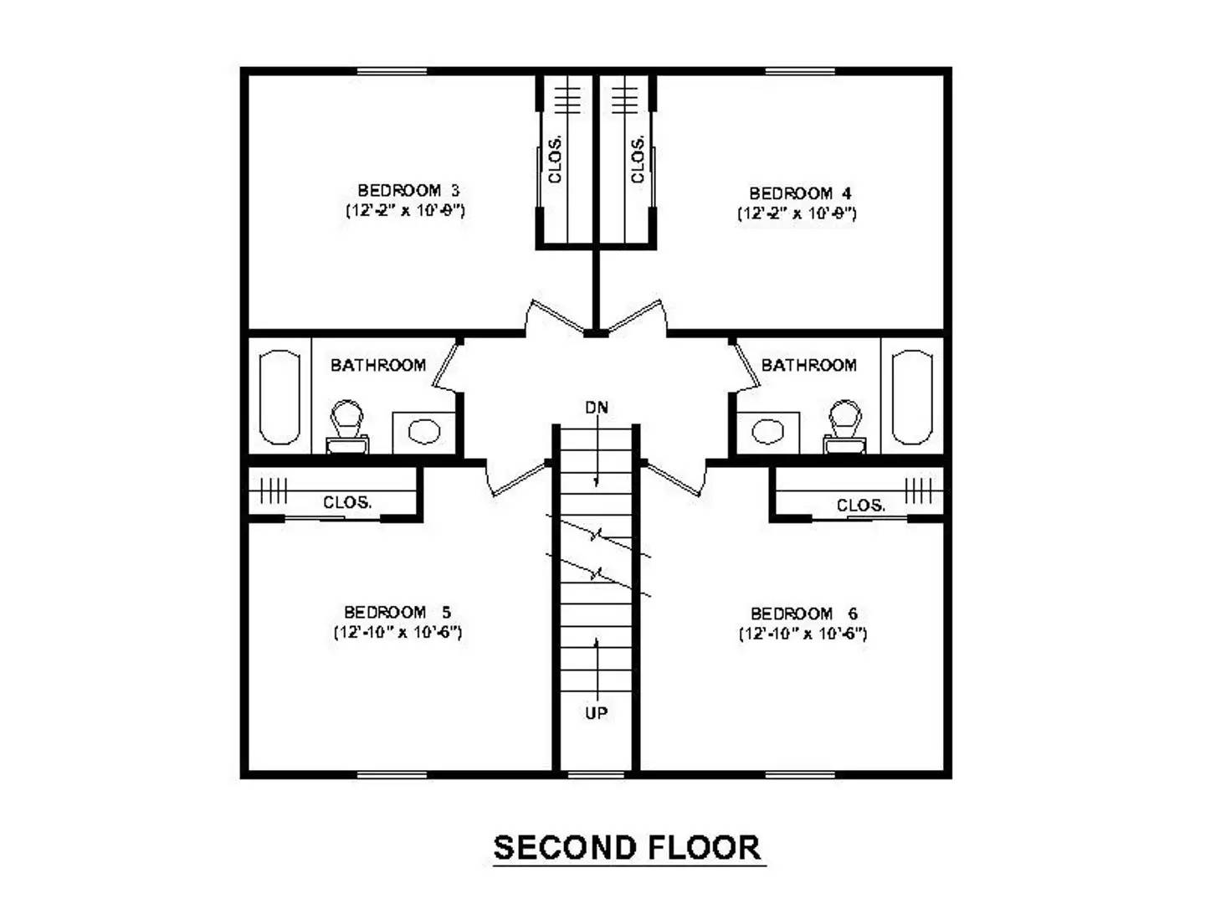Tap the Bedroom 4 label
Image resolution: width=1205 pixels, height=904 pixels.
point(800,193)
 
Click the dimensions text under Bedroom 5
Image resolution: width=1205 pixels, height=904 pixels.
point(397,632)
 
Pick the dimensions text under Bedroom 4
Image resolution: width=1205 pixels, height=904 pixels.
point(797,213)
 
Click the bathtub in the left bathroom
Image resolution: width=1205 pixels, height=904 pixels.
point(279,397)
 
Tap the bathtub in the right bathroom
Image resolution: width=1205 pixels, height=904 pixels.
point(912,397)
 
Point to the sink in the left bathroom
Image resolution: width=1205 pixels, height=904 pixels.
point(423,432)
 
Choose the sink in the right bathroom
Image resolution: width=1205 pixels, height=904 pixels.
point(767,432)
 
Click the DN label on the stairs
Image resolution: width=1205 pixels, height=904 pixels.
point(597,408)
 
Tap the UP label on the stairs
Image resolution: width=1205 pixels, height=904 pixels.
point(596,713)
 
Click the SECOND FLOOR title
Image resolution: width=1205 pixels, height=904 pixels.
point(628,848)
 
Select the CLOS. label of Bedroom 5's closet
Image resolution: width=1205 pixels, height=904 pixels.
point(347,502)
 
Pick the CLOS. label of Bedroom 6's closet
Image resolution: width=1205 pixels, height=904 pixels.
point(860,506)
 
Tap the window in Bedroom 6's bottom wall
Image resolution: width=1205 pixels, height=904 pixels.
point(799,774)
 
